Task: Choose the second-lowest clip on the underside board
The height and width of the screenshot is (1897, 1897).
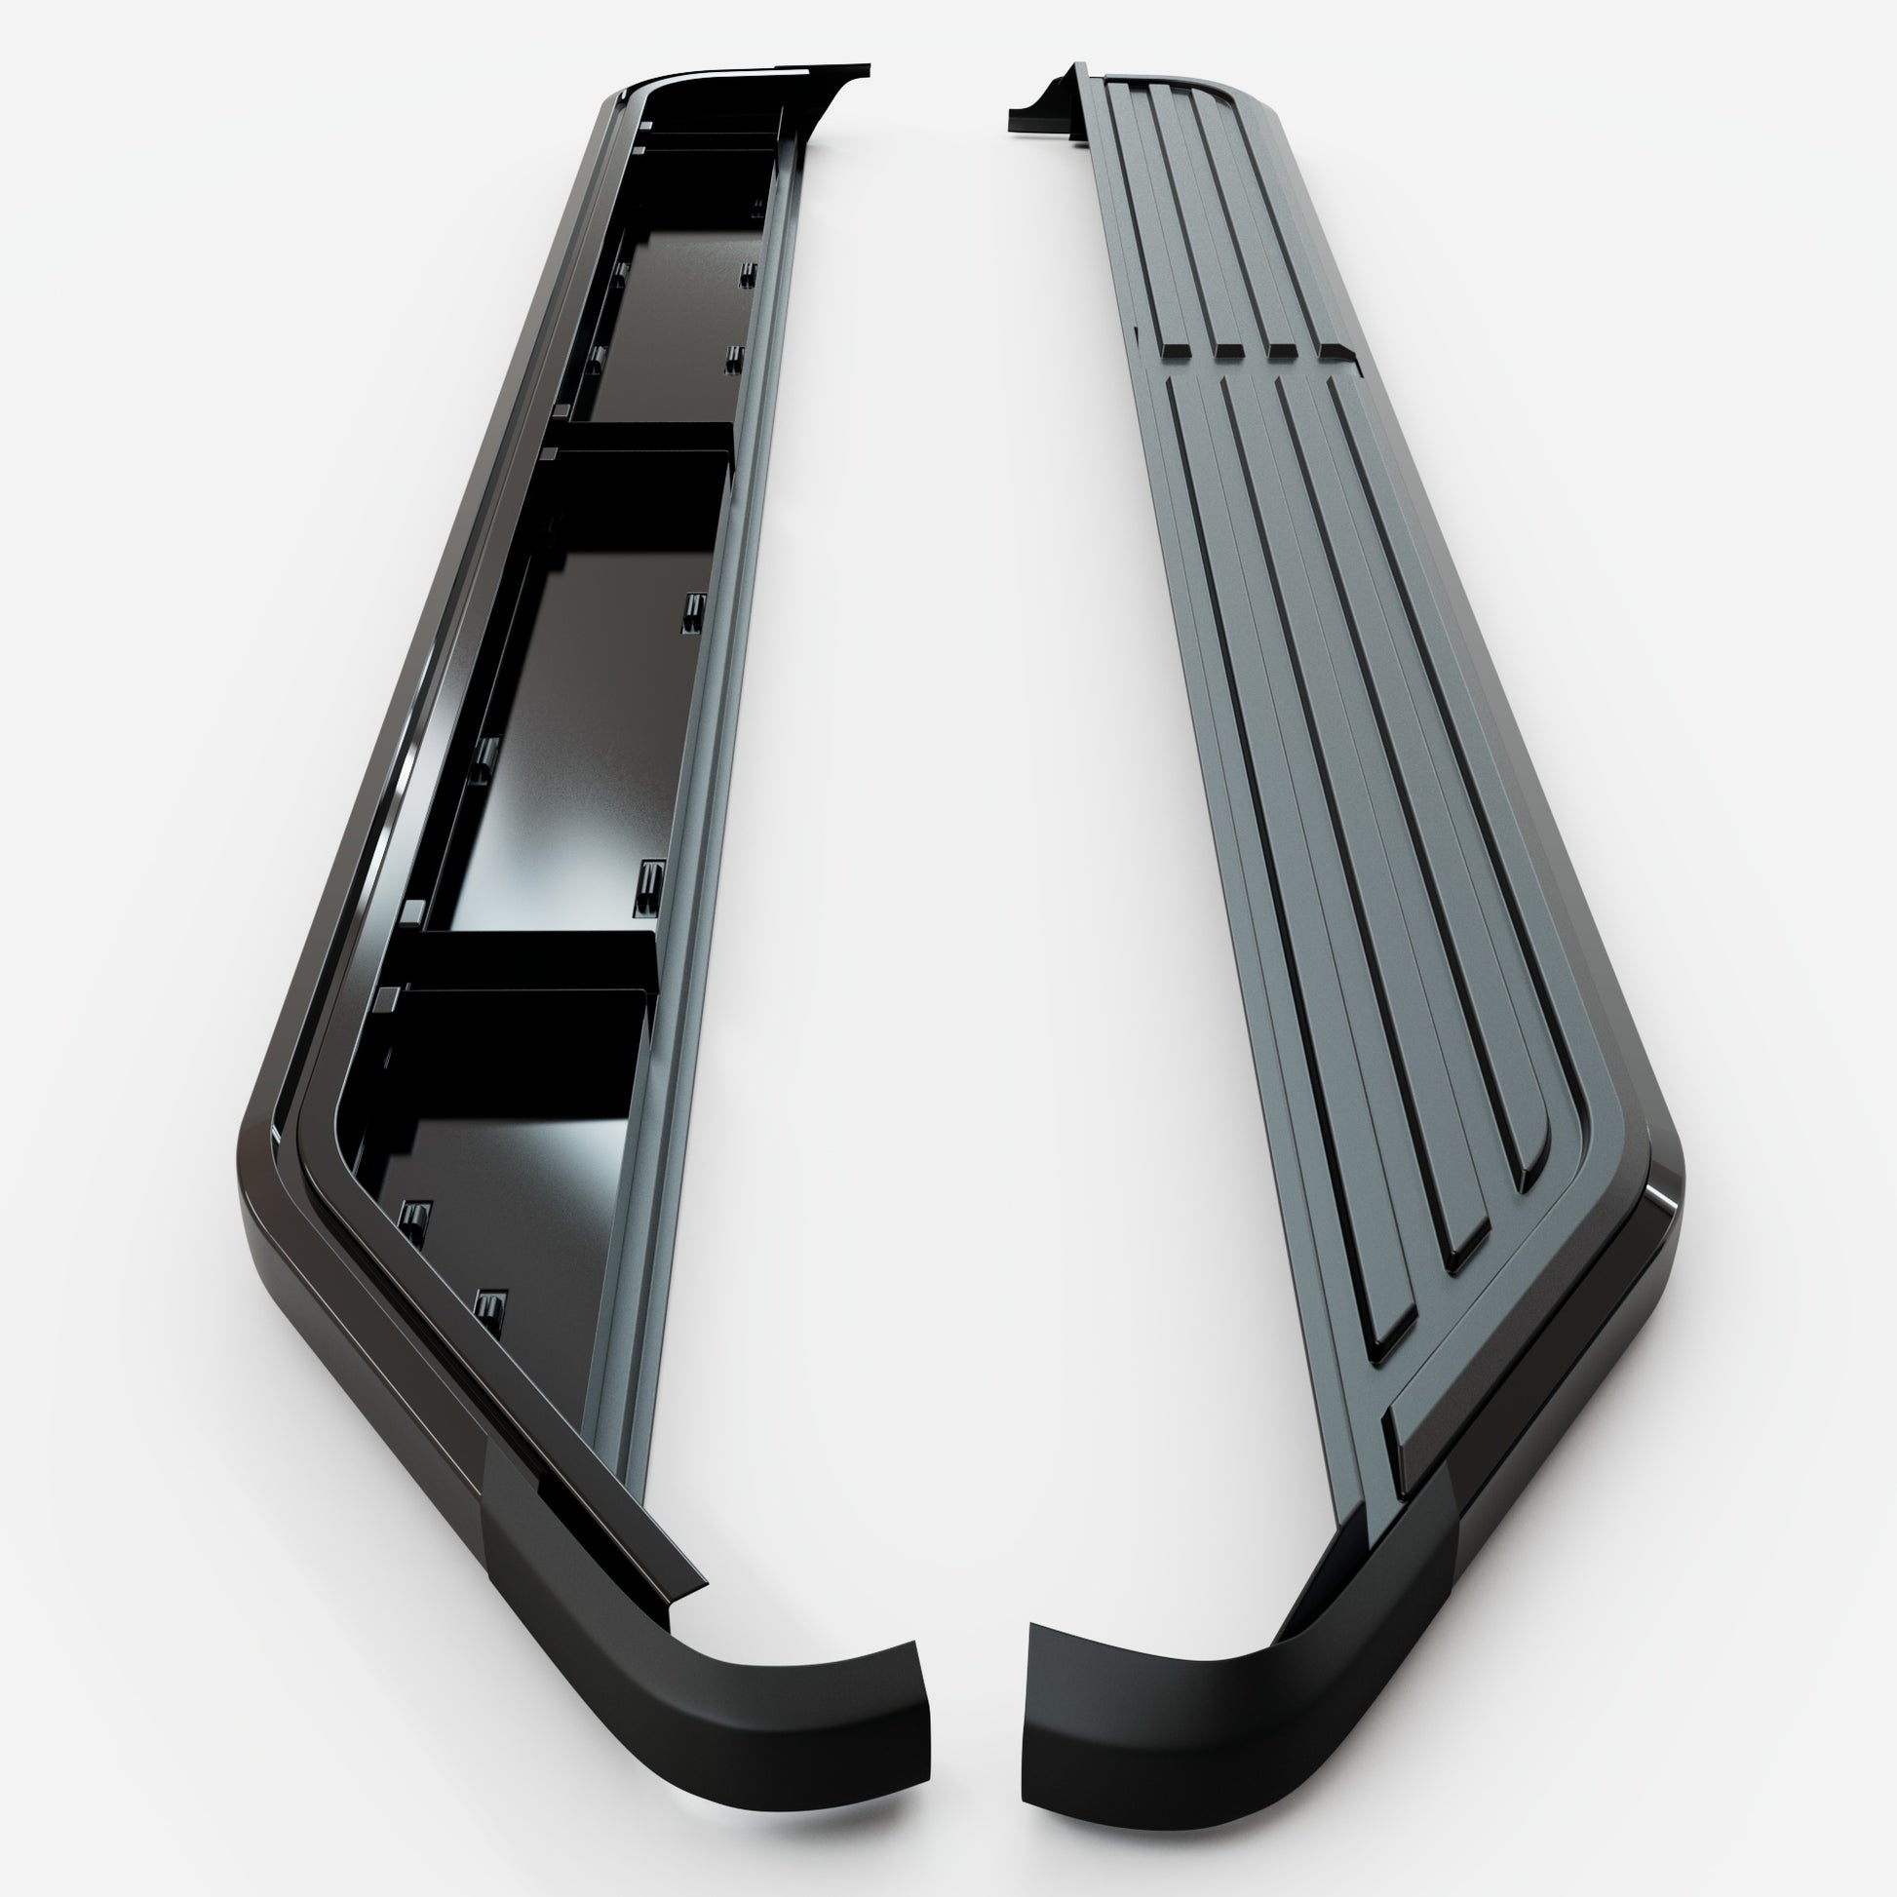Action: pos(416,1223)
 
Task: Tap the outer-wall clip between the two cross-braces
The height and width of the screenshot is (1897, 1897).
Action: pos(483,760)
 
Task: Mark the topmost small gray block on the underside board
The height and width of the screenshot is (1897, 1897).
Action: pos(645,126)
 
